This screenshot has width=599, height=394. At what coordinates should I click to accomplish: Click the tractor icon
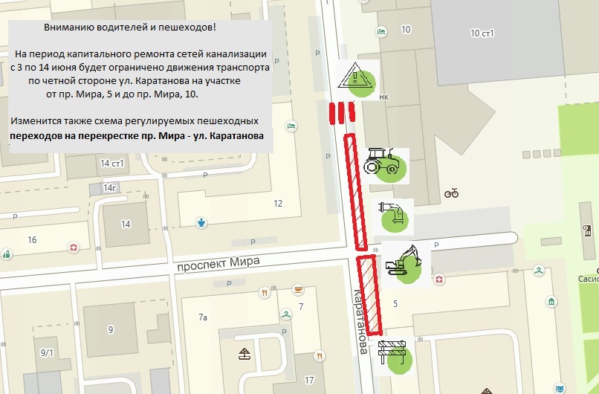pyautogui.click(x=385, y=162)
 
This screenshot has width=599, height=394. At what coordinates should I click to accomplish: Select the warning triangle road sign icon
pyautogui.click(x=357, y=77)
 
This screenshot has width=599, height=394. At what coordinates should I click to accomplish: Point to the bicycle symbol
pyautogui.click(x=451, y=193)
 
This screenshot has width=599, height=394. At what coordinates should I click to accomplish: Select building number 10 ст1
pyautogui.click(x=482, y=33)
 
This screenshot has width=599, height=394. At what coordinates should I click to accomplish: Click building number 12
pyautogui.click(x=278, y=203)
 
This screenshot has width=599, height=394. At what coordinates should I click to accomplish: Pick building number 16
pyautogui.click(x=31, y=239)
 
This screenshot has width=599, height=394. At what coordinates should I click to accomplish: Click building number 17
pyautogui.click(x=309, y=381)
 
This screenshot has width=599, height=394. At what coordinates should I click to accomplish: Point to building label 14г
pyautogui.click(x=111, y=188)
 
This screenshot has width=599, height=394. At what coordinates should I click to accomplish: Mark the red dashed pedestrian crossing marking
pyautogui.click(x=341, y=113)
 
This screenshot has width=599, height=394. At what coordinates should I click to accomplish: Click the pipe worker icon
pyautogui.click(x=393, y=213)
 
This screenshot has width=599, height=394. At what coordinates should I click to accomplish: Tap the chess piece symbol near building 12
pyautogui.click(x=201, y=221)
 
